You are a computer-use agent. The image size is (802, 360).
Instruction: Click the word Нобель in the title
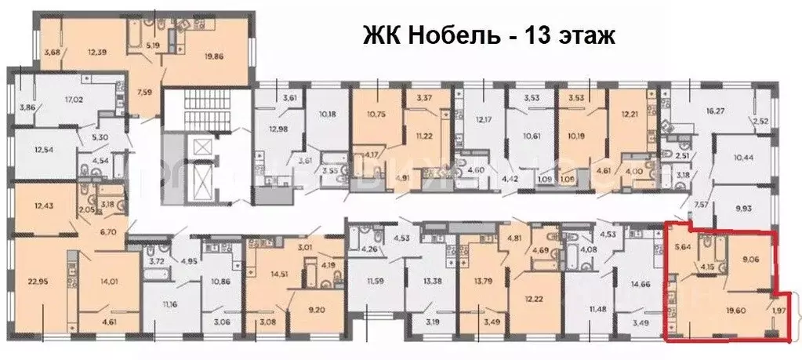(x=436, y=35)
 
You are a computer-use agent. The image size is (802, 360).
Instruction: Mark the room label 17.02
(x=75, y=100)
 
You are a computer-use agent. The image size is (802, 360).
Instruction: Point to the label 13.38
(x=431, y=282)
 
